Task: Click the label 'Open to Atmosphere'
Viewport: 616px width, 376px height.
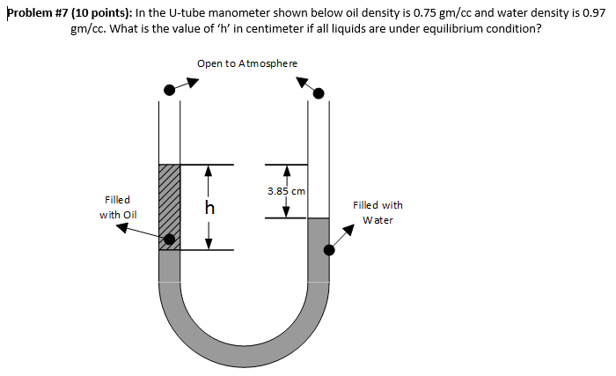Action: coord(247,63)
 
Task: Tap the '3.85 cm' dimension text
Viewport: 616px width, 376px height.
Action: coord(286,190)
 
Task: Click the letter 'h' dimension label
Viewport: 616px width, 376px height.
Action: coord(209,208)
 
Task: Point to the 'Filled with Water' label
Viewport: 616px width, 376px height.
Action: coord(378,212)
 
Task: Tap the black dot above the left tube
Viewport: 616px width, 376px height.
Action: coord(169,91)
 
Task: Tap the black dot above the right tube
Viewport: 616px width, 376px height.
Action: coord(319,92)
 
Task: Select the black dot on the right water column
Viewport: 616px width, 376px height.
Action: coord(329,250)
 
